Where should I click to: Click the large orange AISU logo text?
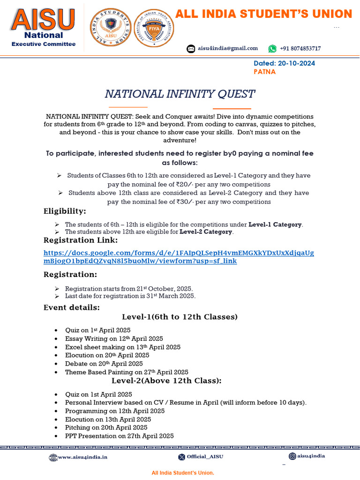(43, 19)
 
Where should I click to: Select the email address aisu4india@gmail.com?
(228, 48)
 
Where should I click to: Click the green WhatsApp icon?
(272, 49)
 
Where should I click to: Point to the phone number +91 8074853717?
(300, 49)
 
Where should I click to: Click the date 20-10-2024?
(297, 63)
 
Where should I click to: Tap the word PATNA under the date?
(264, 72)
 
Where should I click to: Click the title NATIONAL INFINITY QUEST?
(180, 94)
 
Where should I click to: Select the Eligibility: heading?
(65, 211)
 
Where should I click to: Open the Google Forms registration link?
(179, 257)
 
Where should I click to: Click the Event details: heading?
(71, 307)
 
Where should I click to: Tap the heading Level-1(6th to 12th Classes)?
(180, 317)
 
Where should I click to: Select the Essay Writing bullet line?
(114, 338)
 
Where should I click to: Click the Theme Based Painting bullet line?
(127, 372)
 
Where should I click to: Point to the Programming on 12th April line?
(115, 411)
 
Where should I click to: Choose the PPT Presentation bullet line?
(119, 436)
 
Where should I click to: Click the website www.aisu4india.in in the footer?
(82, 457)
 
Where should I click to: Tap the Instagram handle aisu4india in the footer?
(311, 456)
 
